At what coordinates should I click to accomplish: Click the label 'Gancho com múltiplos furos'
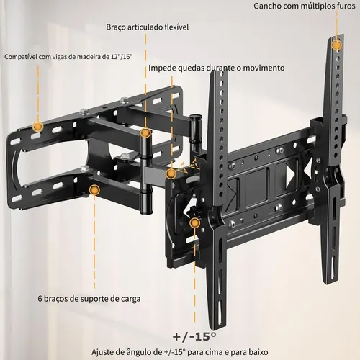[305, 6]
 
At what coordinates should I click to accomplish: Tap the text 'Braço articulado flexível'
[147, 27]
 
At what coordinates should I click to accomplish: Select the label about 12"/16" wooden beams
[68, 57]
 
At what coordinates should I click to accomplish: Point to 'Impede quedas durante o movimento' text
[217, 68]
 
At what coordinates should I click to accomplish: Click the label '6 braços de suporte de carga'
[89, 299]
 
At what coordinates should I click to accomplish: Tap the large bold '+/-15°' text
[194, 336]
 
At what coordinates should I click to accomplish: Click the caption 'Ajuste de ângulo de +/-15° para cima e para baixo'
[180, 352]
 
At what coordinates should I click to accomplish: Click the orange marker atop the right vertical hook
[336, 45]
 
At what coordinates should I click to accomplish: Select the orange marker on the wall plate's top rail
[37, 126]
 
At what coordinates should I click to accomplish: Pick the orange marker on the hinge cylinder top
[145, 132]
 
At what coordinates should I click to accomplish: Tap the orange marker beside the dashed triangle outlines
[171, 174]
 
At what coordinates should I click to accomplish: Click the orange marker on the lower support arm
[94, 190]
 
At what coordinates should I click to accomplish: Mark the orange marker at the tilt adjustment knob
[194, 223]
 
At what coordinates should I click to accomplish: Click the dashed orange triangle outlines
[189, 165]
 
